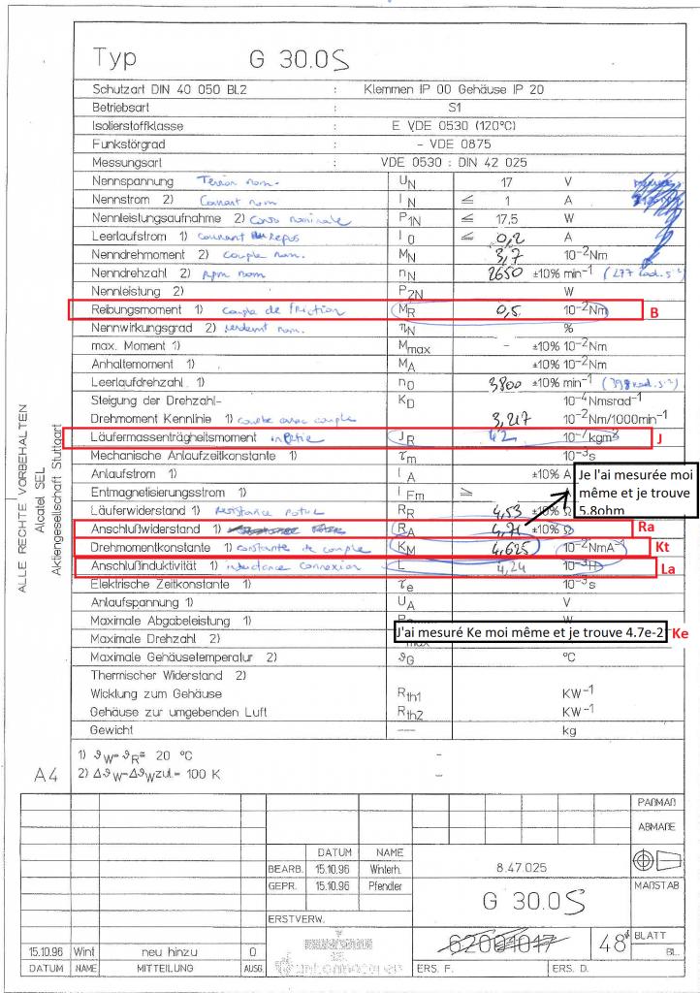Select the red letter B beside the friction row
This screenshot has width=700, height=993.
point(653,313)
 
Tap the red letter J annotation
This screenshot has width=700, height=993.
point(657,439)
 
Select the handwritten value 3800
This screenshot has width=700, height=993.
point(512,382)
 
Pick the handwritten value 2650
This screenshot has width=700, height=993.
point(510,273)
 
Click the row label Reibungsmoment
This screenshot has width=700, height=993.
point(137,310)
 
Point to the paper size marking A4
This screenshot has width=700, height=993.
point(47,776)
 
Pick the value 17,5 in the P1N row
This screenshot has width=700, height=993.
point(501,218)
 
